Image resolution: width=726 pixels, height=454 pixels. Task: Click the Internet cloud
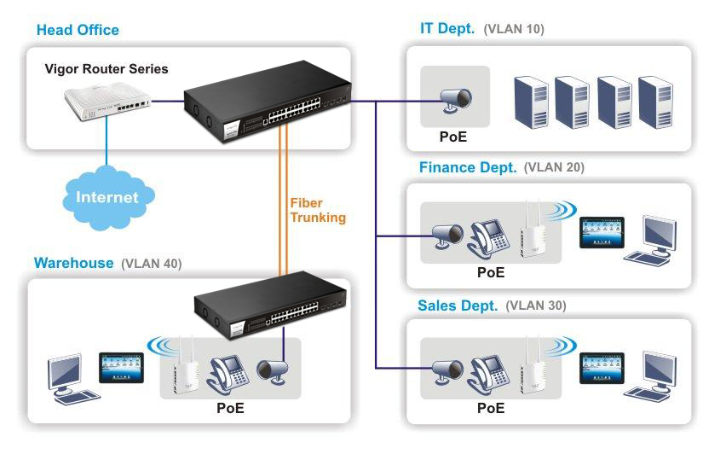(108, 198)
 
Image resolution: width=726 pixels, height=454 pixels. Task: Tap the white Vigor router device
(107, 101)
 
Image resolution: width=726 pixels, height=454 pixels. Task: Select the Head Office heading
(78, 30)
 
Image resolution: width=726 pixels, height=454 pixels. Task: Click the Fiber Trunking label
(318, 210)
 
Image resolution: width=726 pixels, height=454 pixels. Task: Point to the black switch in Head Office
(267, 102)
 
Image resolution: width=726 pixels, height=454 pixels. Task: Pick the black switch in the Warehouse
(270, 306)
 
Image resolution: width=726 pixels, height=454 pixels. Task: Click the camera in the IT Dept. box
(456, 101)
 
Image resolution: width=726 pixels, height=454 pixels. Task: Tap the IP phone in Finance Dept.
(488, 240)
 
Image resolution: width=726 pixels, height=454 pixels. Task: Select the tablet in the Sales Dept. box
(602, 368)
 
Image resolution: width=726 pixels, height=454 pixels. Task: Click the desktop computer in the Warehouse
(70, 380)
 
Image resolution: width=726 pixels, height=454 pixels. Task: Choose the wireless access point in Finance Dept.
(531, 229)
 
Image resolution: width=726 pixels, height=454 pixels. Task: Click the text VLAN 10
(514, 29)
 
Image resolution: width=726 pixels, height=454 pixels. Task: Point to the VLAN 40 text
(152, 264)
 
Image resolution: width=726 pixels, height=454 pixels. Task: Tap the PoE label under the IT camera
(452, 137)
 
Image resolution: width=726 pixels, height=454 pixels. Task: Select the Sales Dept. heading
(458, 306)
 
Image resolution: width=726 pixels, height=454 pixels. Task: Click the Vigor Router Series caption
(107, 69)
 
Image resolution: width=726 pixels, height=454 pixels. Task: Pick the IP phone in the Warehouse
(228, 375)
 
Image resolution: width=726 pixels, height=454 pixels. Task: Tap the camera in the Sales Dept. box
(447, 371)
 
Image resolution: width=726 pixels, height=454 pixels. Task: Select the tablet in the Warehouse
(121, 368)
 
